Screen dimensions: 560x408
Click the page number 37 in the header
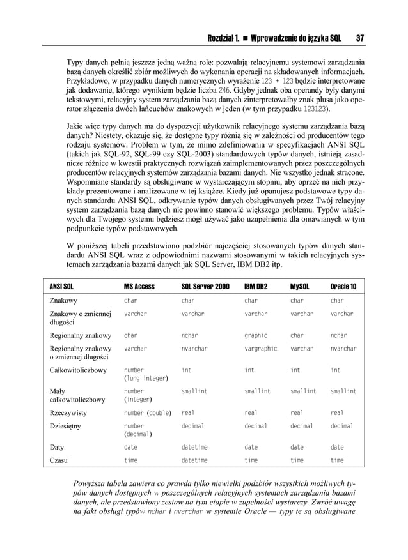pyautogui.click(x=360, y=38)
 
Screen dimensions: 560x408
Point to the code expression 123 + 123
pyautogui.click(x=278, y=82)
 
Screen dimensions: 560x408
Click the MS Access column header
pyautogui.click(x=139, y=286)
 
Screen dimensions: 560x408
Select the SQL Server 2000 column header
pyautogui.click(x=205, y=286)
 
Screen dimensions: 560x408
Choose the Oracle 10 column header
pyautogui.click(x=343, y=286)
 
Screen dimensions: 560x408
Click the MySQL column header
pyautogui.click(x=300, y=286)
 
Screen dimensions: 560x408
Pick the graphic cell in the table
pyautogui.click(x=256, y=335)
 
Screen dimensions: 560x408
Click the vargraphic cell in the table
pyautogui.click(x=260, y=349)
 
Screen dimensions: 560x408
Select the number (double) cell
pyautogui.click(x=147, y=412)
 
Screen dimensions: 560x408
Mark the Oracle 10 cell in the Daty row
pyautogui.click(x=336, y=447)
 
